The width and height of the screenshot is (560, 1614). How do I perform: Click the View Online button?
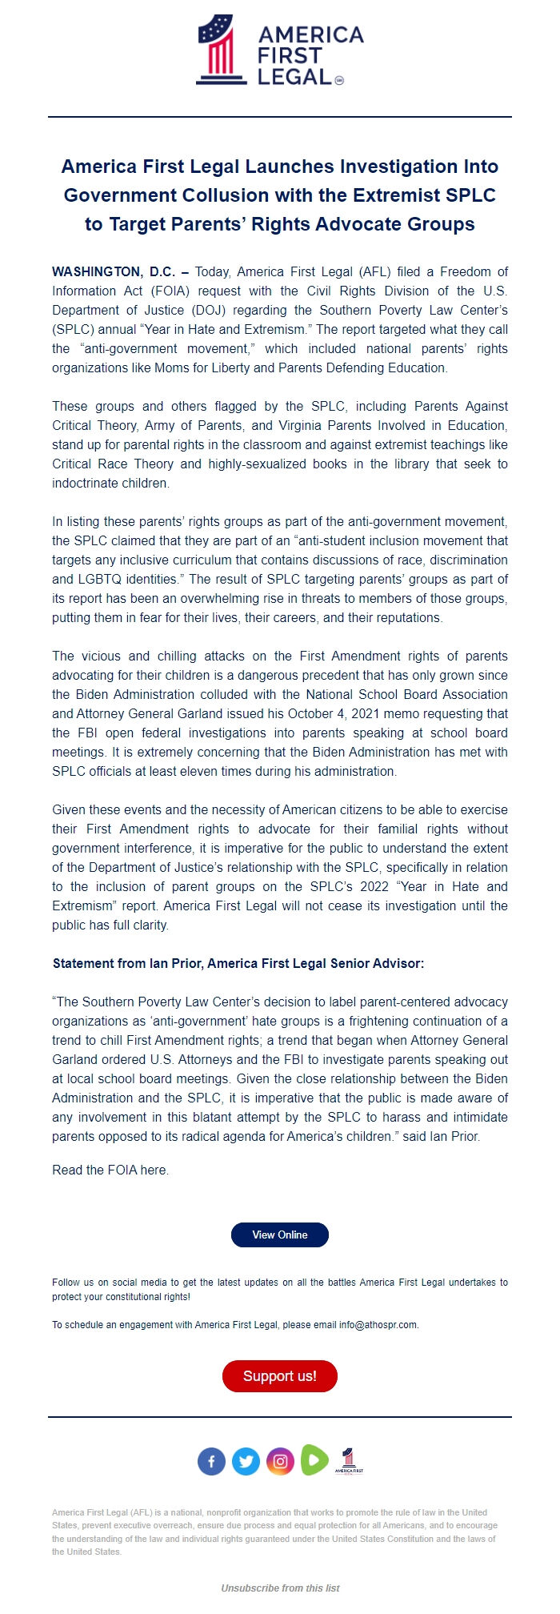[x=279, y=1235]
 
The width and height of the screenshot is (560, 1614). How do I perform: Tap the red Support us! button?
[x=279, y=1375]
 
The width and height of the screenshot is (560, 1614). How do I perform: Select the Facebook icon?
[x=211, y=1461]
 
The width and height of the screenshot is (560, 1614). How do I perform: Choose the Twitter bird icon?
[x=246, y=1461]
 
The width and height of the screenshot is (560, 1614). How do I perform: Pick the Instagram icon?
[x=280, y=1461]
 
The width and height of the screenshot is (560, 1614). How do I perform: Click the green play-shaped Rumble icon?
[x=314, y=1459]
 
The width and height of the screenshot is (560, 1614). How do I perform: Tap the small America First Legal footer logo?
[x=349, y=1460]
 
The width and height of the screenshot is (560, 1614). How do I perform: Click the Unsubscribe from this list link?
[x=280, y=1588]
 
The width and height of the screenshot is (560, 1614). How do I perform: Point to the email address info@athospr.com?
[x=378, y=1324]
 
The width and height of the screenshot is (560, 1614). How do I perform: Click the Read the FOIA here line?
[x=110, y=1170]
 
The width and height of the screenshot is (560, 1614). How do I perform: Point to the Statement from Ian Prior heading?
[x=238, y=963]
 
